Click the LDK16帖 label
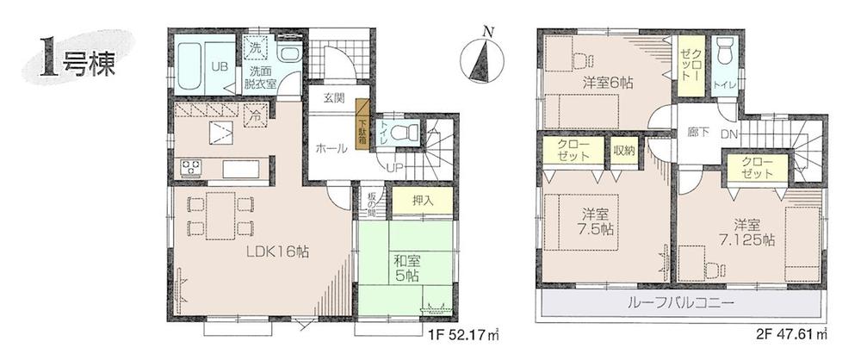tap(277, 252)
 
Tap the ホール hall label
tap(332, 149)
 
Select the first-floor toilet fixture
tap(405, 133)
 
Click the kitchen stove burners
tap(190, 167)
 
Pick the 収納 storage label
tap(624, 151)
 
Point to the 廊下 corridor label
tap(698, 134)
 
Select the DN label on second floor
tap(728, 134)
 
